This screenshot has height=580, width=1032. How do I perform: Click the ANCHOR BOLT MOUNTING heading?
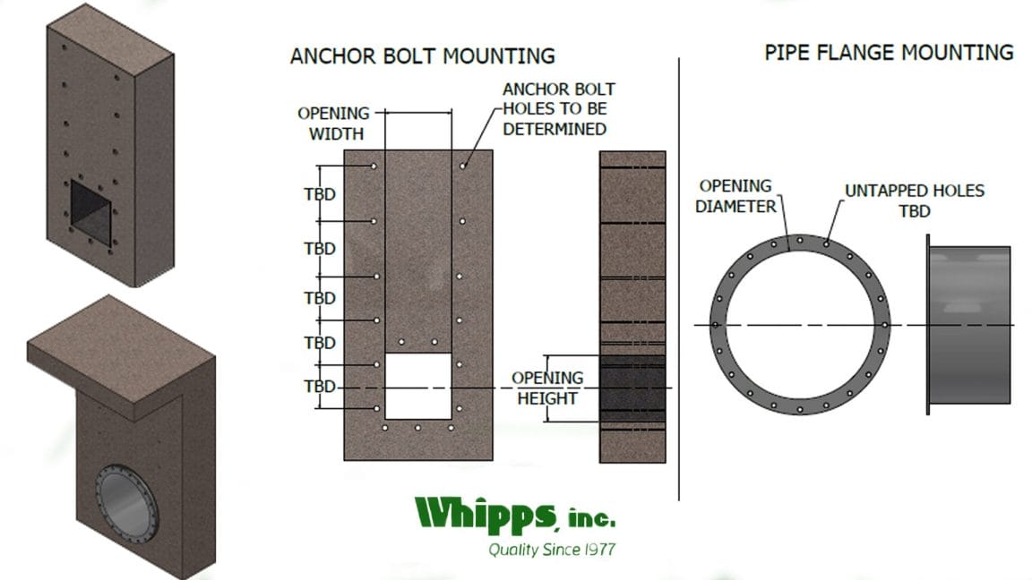click(422, 56)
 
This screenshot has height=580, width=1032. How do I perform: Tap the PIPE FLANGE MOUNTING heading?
click(888, 52)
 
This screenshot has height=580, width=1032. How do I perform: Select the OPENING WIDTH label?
click(333, 124)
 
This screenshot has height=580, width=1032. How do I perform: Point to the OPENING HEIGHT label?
click(547, 388)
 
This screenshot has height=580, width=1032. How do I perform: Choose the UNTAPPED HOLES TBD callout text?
click(914, 200)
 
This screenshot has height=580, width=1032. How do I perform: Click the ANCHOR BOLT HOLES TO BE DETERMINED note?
click(558, 109)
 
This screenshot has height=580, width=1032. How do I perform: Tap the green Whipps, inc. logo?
click(515, 515)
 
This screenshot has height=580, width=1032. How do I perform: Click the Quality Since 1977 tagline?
click(551, 549)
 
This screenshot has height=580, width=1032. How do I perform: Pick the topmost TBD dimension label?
click(321, 193)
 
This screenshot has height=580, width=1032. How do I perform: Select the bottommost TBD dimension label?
click(321, 387)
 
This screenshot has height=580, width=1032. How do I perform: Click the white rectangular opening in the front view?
click(417, 386)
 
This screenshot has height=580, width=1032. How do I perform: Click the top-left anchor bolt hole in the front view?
click(374, 166)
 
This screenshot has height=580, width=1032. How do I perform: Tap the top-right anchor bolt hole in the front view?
click(462, 166)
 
